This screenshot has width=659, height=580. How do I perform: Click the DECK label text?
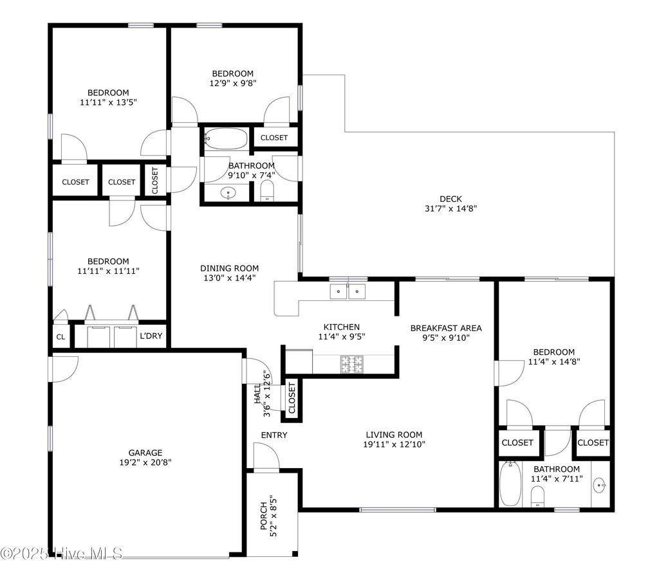coord(450,199)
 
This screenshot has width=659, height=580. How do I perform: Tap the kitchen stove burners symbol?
coord(351,365)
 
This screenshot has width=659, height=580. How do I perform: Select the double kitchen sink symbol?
coord(348,291)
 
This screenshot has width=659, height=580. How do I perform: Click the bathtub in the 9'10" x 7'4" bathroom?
coord(225,138)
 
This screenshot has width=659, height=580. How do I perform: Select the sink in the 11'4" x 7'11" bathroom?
coord(600,485)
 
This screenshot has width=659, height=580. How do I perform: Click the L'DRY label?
coord(151,336)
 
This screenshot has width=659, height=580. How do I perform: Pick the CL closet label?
coord(60,336)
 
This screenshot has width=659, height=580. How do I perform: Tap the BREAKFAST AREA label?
coord(446,328)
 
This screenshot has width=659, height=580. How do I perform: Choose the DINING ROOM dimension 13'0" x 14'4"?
coord(229,278)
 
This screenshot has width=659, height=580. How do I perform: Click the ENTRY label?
coord(274,435)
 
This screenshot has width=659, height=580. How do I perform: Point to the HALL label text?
coord(257,394)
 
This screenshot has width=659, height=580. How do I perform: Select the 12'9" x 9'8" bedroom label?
coord(233,73)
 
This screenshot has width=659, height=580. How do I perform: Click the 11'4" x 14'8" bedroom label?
coord(553,352)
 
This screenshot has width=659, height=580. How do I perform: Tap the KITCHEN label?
coord(341,327)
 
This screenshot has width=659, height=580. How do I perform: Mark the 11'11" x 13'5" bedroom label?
coord(108,93)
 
